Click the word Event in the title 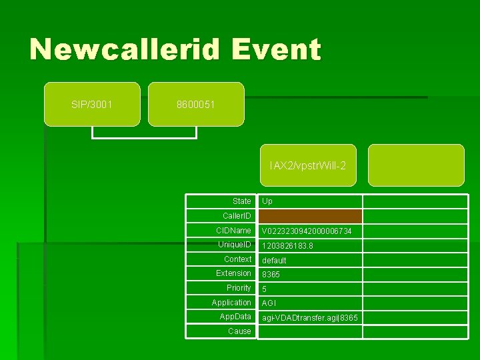pos(279,49)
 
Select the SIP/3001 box pos(92,104)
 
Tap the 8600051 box pos(196,104)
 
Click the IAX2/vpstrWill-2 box pos(308,165)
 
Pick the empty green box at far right pos(416,165)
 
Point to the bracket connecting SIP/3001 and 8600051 pos(144,137)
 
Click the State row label pos(241,201)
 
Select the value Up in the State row pos(267,201)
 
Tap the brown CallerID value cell pos(310,216)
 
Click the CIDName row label pos(233,231)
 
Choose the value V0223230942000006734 pos(307,231)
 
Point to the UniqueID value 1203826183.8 pos(287,246)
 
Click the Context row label pos(237,259)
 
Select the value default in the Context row pos(274,261)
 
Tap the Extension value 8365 pos(271,275)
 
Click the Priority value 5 pos(264,289)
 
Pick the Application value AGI pos(269,303)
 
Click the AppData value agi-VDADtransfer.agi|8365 pos(309,318)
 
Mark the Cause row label pos(239,331)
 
